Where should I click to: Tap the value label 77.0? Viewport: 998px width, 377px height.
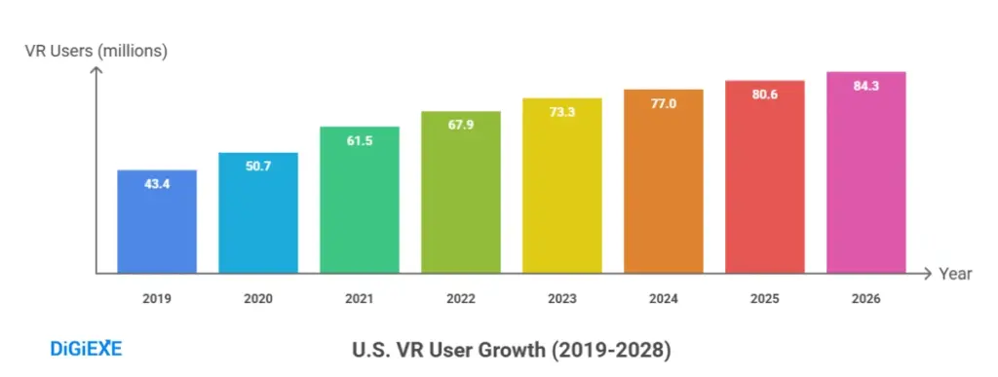[x=664, y=104]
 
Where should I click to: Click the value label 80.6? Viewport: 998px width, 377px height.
[x=765, y=95]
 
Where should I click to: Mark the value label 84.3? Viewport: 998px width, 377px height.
[x=866, y=87]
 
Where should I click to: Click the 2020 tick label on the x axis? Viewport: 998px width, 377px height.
[x=258, y=299]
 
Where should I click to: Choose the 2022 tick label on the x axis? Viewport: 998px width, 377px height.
[x=461, y=299]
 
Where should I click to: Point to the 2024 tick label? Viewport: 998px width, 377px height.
[x=664, y=299]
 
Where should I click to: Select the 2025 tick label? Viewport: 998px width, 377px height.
[x=765, y=299]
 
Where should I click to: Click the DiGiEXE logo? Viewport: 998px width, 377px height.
[x=86, y=349]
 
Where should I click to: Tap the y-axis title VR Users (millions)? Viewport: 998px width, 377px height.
[x=96, y=52]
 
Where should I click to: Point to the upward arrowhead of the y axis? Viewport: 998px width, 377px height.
[x=96, y=74]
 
